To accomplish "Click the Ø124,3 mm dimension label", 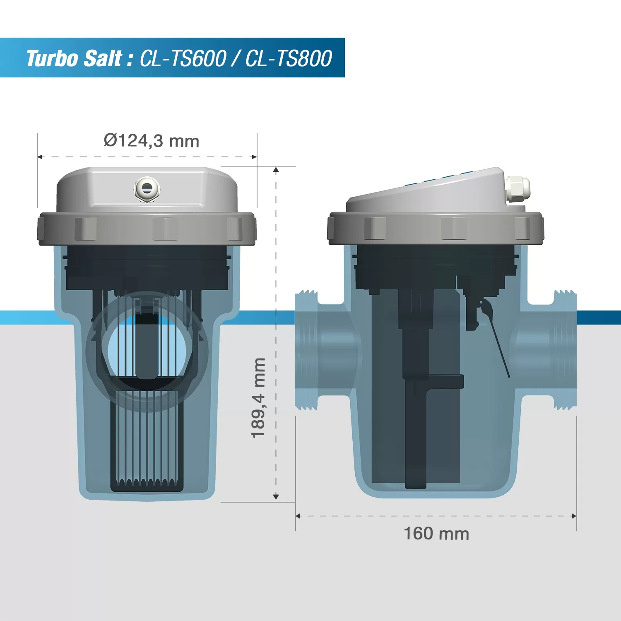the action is [x=152, y=141].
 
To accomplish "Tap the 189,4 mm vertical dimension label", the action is [x=258, y=398].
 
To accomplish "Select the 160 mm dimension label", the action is [x=436, y=534].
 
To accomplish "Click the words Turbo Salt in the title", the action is [x=74, y=58].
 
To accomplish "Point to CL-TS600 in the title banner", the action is [x=183, y=58].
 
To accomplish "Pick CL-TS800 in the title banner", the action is [x=289, y=58].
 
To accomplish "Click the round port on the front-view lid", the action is [x=147, y=189].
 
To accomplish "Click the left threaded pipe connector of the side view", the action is [x=306, y=350].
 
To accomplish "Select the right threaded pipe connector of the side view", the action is [x=565, y=350].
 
